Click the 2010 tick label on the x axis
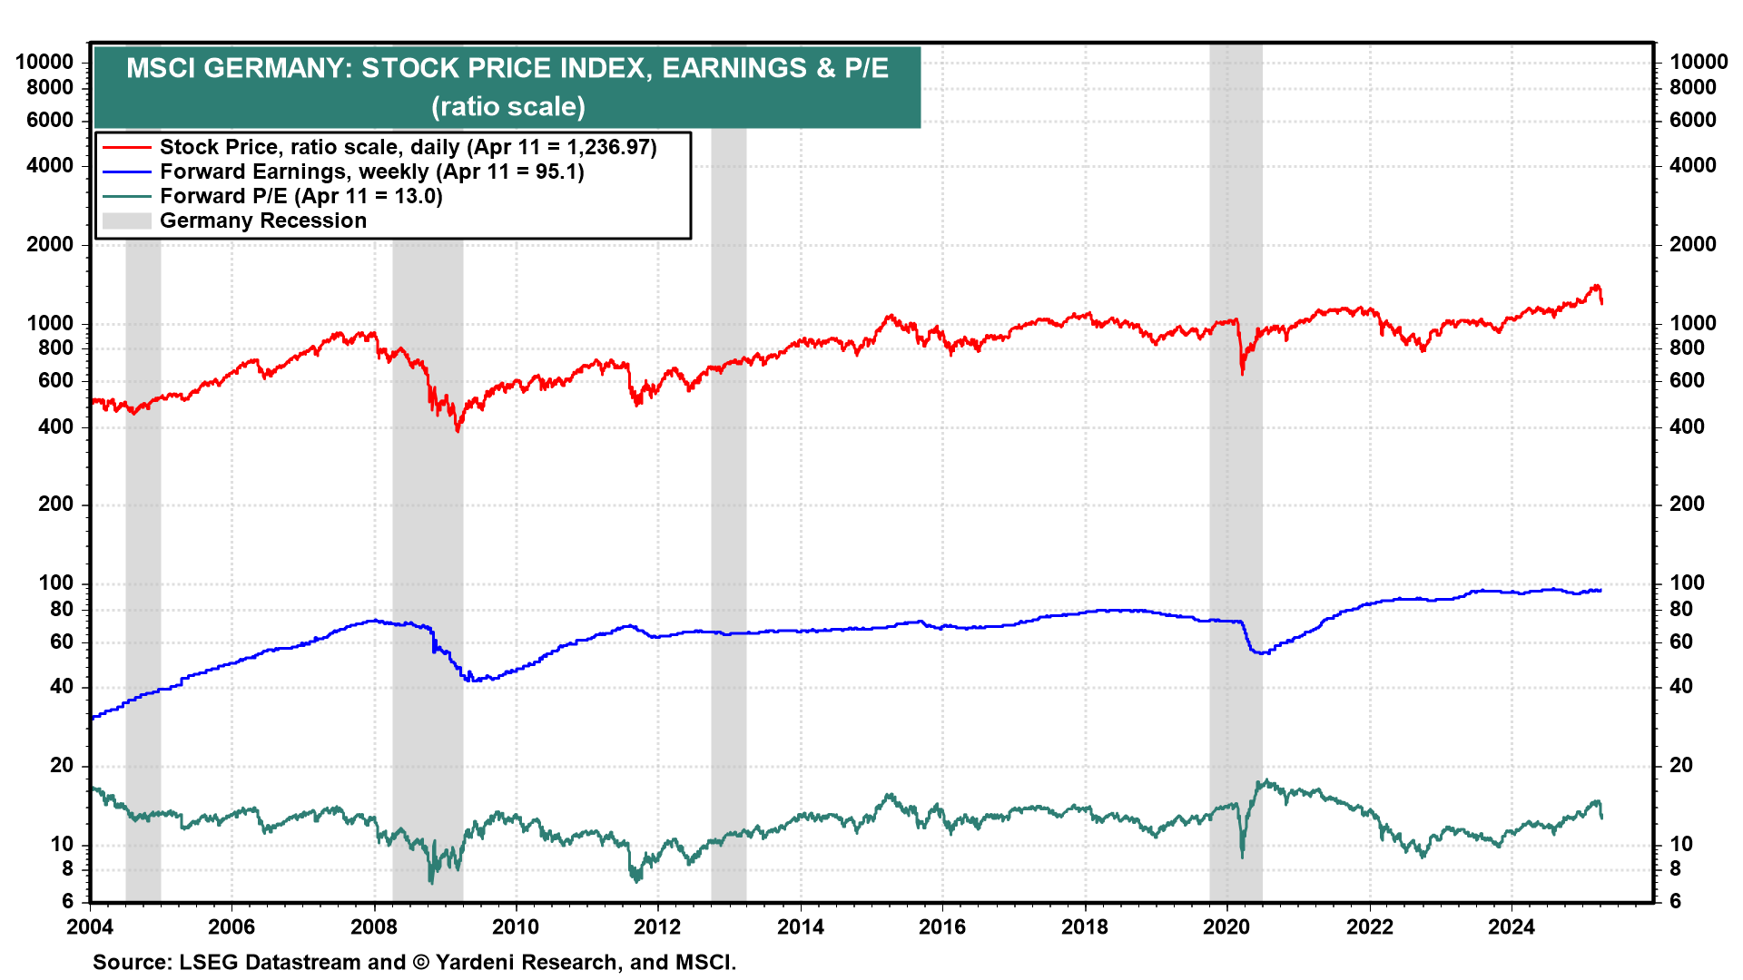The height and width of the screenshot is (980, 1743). (x=516, y=927)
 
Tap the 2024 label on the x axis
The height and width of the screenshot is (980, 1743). (x=1511, y=927)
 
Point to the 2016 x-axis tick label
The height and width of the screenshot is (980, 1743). (x=942, y=927)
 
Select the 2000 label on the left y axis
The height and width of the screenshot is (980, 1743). (x=55, y=245)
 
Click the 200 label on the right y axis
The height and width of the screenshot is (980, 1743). (x=1687, y=505)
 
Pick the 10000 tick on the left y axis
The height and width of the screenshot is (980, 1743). (x=44, y=63)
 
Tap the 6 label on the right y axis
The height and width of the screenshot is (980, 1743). (x=1675, y=902)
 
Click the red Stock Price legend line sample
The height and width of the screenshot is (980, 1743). (x=126, y=147)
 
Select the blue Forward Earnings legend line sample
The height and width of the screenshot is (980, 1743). (x=126, y=171)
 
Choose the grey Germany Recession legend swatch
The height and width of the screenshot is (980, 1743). (x=126, y=220)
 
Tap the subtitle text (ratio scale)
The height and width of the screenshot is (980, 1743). (x=508, y=107)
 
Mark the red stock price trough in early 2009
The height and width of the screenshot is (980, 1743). (x=458, y=430)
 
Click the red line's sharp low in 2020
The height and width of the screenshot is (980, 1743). (x=1242, y=373)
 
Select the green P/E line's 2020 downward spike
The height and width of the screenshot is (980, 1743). (x=1242, y=857)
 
